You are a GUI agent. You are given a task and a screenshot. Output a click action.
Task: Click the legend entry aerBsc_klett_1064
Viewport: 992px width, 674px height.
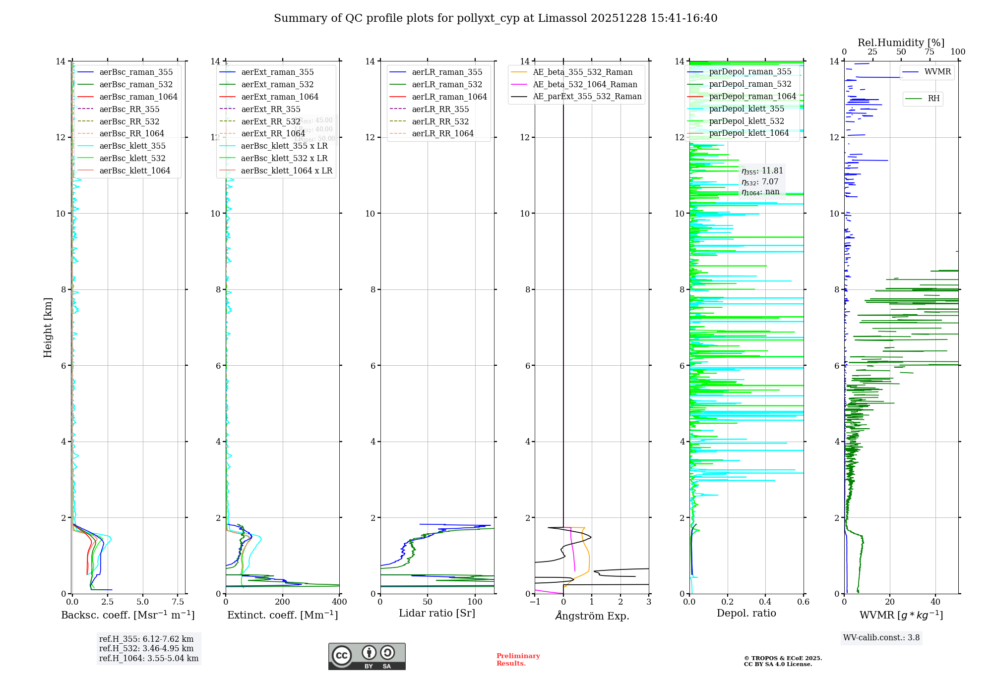(134, 170)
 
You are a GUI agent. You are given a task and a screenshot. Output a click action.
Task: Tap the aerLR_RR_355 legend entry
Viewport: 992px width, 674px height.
(440, 109)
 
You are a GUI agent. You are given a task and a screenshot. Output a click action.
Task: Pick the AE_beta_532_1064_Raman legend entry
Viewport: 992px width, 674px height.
(585, 84)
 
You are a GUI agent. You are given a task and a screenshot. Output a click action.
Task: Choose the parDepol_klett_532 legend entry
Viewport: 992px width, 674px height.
(746, 121)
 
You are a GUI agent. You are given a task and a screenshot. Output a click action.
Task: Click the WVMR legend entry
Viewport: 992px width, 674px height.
(937, 72)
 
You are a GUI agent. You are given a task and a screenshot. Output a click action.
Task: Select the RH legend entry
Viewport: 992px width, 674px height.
(933, 99)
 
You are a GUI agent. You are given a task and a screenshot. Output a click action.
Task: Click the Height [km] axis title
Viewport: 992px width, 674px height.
(48, 327)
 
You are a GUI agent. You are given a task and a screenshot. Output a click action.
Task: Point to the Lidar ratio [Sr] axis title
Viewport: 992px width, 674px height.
(437, 613)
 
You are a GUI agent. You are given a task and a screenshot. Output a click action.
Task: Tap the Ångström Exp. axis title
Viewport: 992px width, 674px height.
(592, 616)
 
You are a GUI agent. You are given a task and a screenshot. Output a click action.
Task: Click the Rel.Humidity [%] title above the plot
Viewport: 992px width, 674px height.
(901, 43)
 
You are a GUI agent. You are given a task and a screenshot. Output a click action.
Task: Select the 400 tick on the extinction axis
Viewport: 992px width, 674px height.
(339, 602)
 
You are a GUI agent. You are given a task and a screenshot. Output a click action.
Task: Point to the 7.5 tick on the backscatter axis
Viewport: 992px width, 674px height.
(178, 602)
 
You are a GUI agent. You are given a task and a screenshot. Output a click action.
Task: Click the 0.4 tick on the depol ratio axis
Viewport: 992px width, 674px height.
(765, 602)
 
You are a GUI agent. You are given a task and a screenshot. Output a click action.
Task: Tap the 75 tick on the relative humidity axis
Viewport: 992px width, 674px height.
(930, 52)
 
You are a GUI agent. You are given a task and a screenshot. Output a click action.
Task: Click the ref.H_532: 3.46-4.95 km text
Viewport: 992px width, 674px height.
(146, 648)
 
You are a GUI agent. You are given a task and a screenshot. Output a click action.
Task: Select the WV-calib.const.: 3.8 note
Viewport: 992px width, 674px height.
(881, 637)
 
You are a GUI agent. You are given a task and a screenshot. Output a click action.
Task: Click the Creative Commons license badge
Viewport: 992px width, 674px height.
(367, 656)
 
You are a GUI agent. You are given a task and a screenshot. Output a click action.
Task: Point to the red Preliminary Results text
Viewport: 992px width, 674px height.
(518, 659)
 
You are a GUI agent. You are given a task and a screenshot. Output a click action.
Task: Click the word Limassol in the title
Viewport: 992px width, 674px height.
(567, 18)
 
